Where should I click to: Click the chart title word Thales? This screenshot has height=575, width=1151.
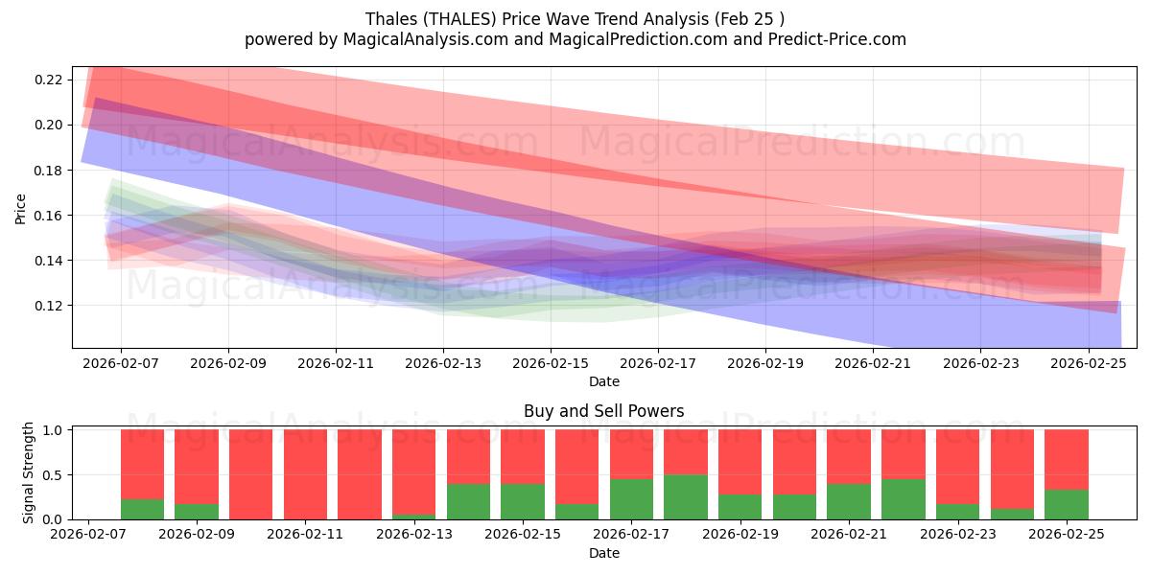[388, 19]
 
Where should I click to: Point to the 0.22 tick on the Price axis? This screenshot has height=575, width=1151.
[49, 80]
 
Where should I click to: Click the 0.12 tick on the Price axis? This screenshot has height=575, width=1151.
[49, 307]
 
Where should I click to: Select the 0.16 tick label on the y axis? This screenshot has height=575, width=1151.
[49, 216]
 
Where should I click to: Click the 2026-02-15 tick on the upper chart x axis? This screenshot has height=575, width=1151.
[551, 364]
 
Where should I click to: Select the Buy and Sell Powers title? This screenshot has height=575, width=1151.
[603, 411]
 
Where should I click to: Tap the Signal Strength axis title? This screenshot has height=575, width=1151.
[29, 472]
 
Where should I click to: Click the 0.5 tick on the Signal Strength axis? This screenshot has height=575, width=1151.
[56, 475]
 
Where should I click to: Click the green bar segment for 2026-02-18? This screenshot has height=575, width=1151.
[685, 496]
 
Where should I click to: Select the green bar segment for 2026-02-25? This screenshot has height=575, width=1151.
[1066, 504]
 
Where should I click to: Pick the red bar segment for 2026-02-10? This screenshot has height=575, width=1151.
[250, 474]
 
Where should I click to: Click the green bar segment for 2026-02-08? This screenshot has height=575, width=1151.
[142, 509]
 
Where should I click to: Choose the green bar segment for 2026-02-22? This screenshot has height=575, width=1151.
[903, 499]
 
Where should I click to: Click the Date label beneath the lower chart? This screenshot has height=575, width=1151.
[603, 553]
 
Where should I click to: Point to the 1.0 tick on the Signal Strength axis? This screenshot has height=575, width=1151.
[56, 430]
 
